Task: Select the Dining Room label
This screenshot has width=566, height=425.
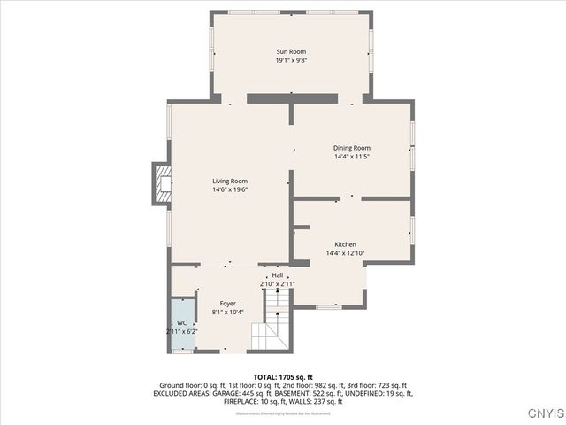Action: (351, 148)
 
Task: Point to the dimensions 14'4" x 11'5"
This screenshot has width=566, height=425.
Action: (351, 157)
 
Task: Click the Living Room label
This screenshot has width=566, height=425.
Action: (229, 181)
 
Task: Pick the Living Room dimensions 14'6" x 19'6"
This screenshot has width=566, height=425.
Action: (229, 189)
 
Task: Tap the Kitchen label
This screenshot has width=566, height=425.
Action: (345, 244)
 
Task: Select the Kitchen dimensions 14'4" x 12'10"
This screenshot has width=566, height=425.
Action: (345, 253)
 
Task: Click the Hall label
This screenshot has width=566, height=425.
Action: (278, 275)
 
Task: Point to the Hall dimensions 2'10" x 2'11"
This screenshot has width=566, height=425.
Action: (278, 283)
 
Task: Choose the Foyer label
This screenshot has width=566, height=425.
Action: (227, 304)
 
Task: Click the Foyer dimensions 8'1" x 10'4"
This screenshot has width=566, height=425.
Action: (227, 313)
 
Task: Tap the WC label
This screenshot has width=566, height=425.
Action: (181, 323)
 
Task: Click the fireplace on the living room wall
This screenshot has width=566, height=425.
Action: (163, 184)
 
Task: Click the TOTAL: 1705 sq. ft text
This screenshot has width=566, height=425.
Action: (283, 377)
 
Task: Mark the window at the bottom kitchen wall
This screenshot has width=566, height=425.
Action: (327, 306)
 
